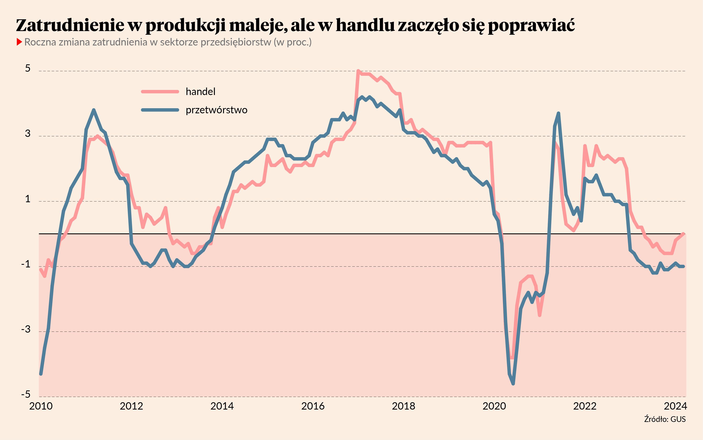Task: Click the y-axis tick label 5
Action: pos(28,68)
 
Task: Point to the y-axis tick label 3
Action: pos(28,134)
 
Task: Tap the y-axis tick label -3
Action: pos(26,329)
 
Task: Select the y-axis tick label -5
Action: pos(26,394)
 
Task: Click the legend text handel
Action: pos(201,92)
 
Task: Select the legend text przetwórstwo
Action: pos(216,110)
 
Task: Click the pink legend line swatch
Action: pos(160,92)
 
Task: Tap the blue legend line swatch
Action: pos(160,110)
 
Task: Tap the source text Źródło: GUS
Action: pos(665,419)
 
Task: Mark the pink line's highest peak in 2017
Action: pos(358,71)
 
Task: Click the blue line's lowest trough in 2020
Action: pos(513,384)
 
